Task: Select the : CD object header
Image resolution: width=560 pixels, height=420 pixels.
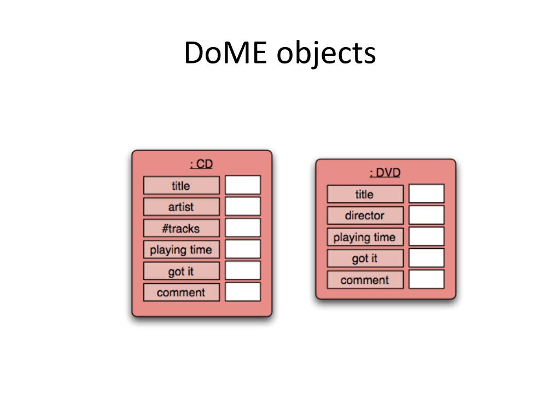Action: pyautogui.click(x=201, y=164)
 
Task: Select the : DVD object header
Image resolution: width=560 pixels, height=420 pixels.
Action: pyautogui.click(x=385, y=173)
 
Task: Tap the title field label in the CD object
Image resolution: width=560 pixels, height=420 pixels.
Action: pyautogui.click(x=181, y=185)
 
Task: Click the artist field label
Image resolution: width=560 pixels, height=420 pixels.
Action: pyautogui.click(x=181, y=207)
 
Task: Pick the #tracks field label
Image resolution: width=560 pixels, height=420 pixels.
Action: pyautogui.click(x=181, y=228)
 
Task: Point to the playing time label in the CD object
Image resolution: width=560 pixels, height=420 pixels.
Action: pyautogui.click(x=181, y=249)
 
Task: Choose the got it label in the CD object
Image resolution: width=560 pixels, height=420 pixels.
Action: pyautogui.click(x=181, y=271)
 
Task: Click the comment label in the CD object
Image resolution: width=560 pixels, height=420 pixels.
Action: pyautogui.click(x=181, y=292)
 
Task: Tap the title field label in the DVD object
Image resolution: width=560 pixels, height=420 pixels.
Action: pyautogui.click(x=365, y=194)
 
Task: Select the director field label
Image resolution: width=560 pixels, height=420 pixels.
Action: pyautogui.click(x=365, y=215)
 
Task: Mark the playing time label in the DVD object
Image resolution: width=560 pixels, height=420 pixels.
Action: pyautogui.click(x=365, y=237)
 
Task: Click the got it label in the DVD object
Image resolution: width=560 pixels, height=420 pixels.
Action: pyautogui.click(x=365, y=258)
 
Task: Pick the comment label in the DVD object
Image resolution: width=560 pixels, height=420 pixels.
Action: pyautogui.click(x=365, y=279)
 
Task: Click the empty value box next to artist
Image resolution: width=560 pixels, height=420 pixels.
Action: pyautogui.click(x=243, y=207)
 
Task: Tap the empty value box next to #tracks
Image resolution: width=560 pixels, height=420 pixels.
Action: pyautogui.click(x=243, y=228)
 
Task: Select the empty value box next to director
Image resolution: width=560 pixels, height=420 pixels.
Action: pyautogui.click(x=427, y=215)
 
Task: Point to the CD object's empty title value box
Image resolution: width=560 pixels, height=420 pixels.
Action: pyautogui.click(x=243, y=185)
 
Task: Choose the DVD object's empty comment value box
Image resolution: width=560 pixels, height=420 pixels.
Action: pyautogui.click(x=427, y=279)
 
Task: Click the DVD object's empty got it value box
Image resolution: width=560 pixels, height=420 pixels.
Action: pyautogui.click(x=427, y=258)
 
